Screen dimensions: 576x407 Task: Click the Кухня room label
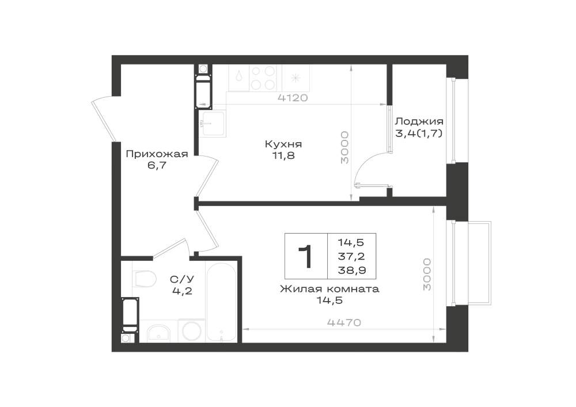tap(283, 144)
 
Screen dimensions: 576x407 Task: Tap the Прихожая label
tap(157, 154)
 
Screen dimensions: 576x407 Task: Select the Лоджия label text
tap(419, 121)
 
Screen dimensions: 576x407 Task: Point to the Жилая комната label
tap(329, 289)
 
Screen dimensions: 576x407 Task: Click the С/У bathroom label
tap(182, 279)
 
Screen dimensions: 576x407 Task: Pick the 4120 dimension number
tap(293, 98)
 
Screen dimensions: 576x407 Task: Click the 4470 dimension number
tap(344, 322)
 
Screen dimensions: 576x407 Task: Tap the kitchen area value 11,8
tap(283, 155)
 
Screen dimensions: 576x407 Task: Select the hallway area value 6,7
tap(157, 165)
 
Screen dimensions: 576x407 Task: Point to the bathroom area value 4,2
tap(182, 291)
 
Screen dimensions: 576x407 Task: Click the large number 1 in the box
tap(305, 257)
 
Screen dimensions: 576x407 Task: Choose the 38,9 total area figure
tap(351, 271)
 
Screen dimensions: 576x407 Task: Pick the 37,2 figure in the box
tap(351, 256)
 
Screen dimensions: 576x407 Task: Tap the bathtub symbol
tap(221, 302)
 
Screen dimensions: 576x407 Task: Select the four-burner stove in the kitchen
tap(263, 78)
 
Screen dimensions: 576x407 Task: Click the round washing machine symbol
tap(191, 331)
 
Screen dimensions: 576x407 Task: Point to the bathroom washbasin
tap(158, 333)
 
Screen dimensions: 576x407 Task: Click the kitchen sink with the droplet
tap(239, 78)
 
